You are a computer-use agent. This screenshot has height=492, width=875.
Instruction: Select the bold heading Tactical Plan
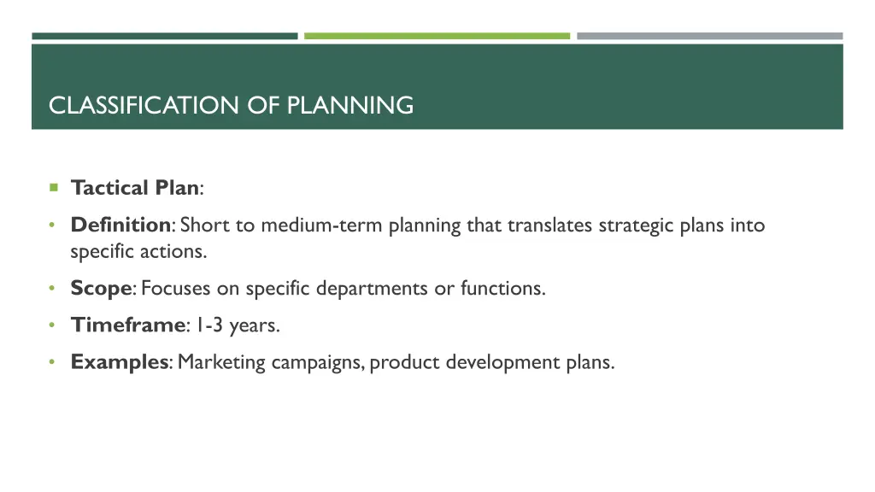(x=135, y=187)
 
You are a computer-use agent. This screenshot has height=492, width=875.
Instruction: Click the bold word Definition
(x=120, y=225)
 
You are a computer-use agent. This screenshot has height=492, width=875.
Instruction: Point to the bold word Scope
(x=101, y=289)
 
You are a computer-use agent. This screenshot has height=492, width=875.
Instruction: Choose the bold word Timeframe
(x=127, y=325)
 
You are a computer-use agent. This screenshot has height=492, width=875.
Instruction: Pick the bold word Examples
(x=120, y=362)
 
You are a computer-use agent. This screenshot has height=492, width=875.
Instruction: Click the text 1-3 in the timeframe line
(x=208, y=325)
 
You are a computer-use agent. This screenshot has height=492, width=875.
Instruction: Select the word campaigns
(x=320, y=363)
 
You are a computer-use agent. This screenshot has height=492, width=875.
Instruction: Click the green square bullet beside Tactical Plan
(x=53, y=187)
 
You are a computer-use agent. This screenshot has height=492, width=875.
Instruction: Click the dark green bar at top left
(x=165, y=36)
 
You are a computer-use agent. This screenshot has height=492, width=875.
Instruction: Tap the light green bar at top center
(x=437, y=36)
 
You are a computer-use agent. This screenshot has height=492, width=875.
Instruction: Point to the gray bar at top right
(x=709, y=36)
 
